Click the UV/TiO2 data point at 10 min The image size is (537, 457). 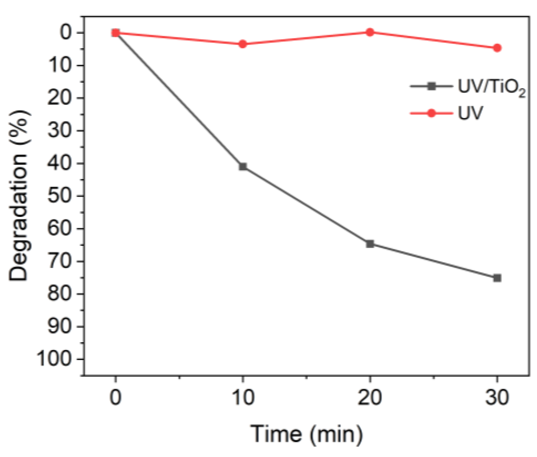[243, 167]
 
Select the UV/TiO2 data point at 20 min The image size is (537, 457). [370, 244]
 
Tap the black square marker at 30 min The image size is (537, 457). [497, 278]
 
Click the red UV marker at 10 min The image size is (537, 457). [243, 44]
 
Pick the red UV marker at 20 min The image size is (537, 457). [370, 32]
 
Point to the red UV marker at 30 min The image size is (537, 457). [497, 48]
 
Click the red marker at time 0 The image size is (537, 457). [115, 33]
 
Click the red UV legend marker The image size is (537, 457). [431, 113]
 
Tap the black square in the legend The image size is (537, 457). [431, 87]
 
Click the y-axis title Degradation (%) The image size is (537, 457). [18, 195]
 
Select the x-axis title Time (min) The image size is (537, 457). [306, 434]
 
